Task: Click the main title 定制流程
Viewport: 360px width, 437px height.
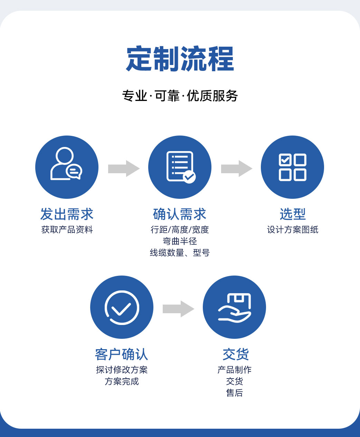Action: click(x=180, y=59)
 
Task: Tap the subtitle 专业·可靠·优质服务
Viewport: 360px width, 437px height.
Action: click(x=180, y=96)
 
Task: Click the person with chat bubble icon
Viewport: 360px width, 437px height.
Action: click(x=66, y=164)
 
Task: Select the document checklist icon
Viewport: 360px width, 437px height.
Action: click(x=181, y=167)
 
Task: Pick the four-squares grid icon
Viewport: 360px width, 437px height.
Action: click(x=292, y=167)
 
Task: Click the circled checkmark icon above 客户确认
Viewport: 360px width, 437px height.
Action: click(x=122, y=307)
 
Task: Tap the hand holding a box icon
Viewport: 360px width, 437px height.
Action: click(x=234, y=308)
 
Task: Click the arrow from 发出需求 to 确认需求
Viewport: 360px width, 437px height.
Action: click(x=124, y=168)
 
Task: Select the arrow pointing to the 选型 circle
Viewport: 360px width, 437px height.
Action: click(x=237, y=168)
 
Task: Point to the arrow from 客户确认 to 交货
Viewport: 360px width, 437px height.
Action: click(x=178, y=309)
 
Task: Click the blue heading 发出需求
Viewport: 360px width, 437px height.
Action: click(x=67, y=214)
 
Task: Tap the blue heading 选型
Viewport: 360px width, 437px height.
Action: click(x=293, y=214)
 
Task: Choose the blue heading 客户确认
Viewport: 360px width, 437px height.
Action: click(x=122, y=354)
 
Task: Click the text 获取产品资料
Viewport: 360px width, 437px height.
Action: click(x=67, y=230)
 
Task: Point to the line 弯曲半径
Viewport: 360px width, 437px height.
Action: click(x=180, y=241)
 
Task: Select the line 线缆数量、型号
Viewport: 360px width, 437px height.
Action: click(x=180, y=253)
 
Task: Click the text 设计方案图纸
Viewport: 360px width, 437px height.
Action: click(x=293, y=230)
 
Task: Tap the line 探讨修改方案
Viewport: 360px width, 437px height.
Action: click(x=122, y=370)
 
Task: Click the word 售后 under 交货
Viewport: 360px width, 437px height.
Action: click(x=235, y=393)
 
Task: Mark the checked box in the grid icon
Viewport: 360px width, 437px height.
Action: click(x=285, y=160)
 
